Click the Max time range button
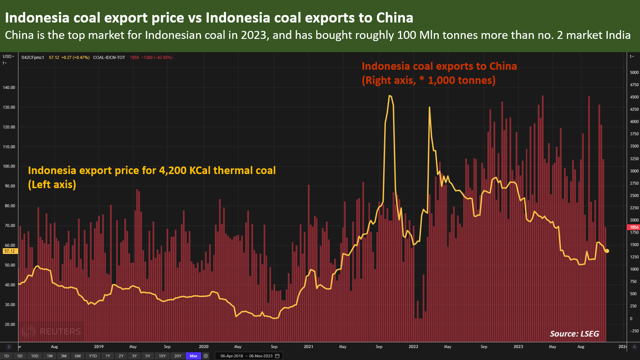coord(192,356)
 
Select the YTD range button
coord(93,356)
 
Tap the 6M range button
coord(78,356)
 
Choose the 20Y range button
coord(177,356)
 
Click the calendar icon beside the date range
coord(277,356)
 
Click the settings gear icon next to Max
coord(206,356)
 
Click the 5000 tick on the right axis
coord(634,72)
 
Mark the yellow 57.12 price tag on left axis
coord(9,251)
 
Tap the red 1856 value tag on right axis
coord(633,227)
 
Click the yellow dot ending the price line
coord(607,251)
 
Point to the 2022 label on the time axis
coord(414,347)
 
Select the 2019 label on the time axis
coord(99,347)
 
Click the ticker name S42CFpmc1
coord(33,57)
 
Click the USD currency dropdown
coord(8,57)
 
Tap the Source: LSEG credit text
coord(574,333)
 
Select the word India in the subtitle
coord(617,36)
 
